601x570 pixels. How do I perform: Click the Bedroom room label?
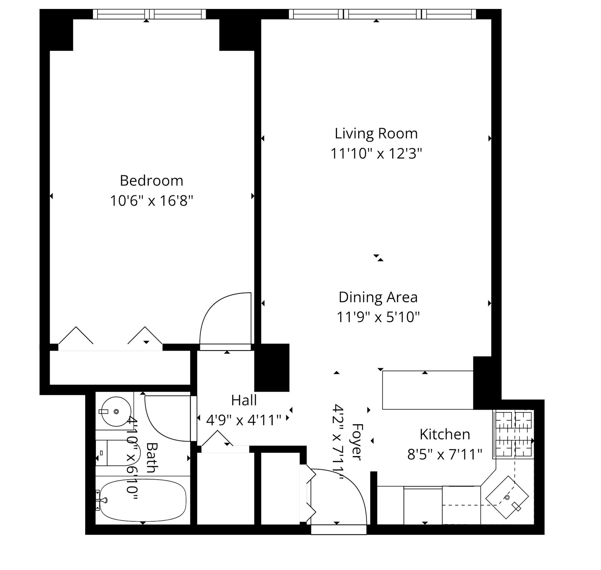point(151,181)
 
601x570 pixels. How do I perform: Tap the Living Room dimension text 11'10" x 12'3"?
point(376,154)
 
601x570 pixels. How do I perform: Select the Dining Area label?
point(378,297)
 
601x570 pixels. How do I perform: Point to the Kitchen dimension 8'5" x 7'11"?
point(445,455)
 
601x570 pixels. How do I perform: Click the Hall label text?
point(244,400)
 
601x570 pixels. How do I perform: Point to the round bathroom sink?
point(116,411)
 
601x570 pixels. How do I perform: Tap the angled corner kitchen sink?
point(507,498)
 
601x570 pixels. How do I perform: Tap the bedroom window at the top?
point(149,14)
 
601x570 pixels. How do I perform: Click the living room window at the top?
point(382,14)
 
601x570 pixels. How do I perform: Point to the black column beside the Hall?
point(272,367)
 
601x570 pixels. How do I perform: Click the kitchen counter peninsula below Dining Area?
point(427,390)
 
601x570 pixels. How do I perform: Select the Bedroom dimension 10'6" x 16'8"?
point(151,201)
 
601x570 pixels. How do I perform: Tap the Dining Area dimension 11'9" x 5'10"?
point(378,317)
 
